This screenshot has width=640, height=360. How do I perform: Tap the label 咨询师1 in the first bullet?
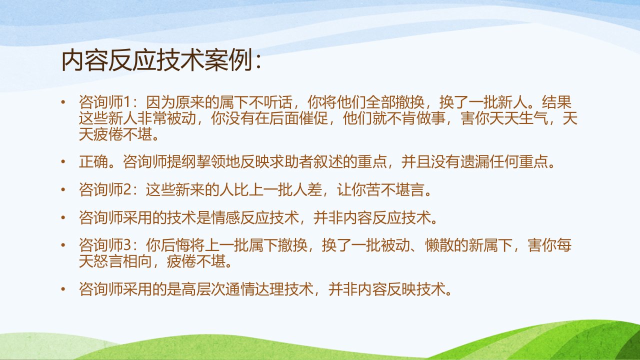click(105, 102)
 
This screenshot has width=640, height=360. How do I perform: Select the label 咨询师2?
click(105, 189)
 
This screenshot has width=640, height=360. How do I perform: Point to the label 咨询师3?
click(105, 245)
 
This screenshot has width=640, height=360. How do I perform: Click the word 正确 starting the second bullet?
click(93, 161)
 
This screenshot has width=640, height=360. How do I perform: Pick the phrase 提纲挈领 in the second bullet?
click(195, 161)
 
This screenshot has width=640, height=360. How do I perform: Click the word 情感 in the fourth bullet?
click(225, 217)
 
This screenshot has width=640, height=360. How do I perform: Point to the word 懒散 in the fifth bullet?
click(439, 245)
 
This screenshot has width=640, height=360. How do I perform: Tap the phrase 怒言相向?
click(123, 261)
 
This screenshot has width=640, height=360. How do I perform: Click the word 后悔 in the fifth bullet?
click(175, 245)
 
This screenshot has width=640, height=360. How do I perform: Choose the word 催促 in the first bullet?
click(313, 118)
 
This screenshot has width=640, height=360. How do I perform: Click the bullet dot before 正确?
click(63, 161)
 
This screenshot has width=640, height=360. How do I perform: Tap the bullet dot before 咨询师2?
click(63, 189)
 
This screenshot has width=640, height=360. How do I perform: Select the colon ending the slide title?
click(258, 61)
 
